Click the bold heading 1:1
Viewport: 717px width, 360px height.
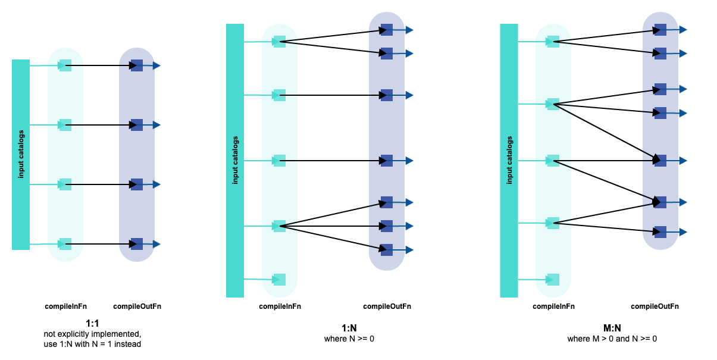[92, 324]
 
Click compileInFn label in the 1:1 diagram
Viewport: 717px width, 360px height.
[66, 307]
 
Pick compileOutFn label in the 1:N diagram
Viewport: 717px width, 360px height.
[387, 307]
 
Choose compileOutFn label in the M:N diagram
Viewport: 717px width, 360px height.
[655, 307]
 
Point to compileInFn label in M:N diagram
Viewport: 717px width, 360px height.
[553, 307]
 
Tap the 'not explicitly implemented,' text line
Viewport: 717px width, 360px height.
[92, 334]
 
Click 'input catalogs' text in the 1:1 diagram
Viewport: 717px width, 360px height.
[21, 154]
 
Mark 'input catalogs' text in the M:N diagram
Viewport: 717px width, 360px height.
[509, 160]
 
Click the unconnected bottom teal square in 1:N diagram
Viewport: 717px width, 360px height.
[280, 280]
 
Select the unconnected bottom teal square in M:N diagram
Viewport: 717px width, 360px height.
[553, 280]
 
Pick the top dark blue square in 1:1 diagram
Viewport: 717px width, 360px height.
[137, 65]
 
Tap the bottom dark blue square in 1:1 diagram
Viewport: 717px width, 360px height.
[137, 244]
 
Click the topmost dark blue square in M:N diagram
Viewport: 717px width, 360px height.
[660, 30]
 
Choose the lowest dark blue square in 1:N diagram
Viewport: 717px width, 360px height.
[387, 250]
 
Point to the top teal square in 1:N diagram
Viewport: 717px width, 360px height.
[280, 42]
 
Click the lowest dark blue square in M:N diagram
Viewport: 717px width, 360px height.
[660, 231]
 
